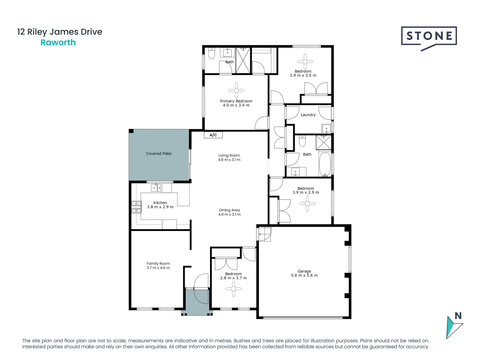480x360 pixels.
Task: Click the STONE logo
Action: [429, 37]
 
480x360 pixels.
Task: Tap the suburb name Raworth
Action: [58, 43]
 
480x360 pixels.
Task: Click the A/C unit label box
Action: [213, 135]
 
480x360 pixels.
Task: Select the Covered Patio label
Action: [159, 154]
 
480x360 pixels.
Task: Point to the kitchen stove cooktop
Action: [136, 207]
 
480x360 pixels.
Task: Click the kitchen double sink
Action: [156, 188]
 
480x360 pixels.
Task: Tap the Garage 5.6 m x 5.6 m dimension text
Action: [304, 276]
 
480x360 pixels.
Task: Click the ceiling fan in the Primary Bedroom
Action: [236, 90]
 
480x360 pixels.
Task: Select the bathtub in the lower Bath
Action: [325, 164]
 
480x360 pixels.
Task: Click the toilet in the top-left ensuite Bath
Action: [212, 54]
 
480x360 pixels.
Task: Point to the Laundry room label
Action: [308, 115]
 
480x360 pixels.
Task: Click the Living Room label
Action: [229, 155]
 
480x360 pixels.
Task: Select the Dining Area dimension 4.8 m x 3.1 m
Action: [229, 215]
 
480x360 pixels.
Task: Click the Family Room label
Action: [158, 263]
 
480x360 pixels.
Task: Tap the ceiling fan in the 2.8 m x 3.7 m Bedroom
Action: [234, 289]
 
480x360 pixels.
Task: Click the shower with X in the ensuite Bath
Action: [243, 60]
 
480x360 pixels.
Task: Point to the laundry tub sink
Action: [326, 128]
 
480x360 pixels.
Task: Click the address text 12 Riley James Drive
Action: [60, 32]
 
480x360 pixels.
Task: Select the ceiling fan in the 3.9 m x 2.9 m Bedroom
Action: [307, 203]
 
